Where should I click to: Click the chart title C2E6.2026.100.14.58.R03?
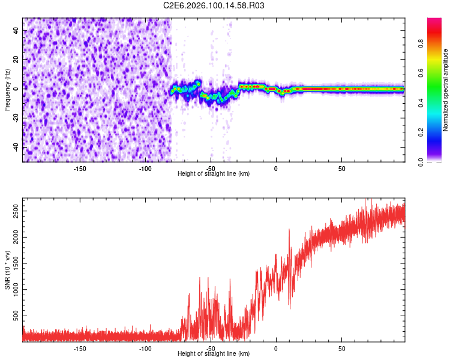click(x=214, y=6)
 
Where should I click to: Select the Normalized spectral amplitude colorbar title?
click(x=446, y=90)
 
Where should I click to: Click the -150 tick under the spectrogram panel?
click(x=80, y=169)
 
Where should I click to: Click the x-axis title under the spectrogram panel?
click(x=214, y=174)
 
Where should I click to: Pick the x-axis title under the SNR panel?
click(x=214, y=354)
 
